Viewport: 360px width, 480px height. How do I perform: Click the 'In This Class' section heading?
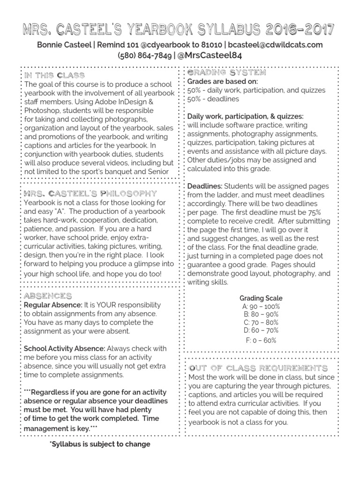pos(54,75)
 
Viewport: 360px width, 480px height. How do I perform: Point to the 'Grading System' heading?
pos(227,73)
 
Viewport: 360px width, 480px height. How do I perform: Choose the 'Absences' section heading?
pos(48,296)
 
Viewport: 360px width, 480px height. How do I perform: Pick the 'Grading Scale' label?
pos(261,298)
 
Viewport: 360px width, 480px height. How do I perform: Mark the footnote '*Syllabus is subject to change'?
pos(100,444)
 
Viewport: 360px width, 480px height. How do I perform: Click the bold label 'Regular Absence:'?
pos(53,305)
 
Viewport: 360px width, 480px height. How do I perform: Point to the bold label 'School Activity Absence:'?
pos(65,348)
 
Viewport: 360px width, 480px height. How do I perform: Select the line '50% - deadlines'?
pos(213,99)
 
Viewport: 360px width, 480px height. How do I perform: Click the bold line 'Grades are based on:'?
pos(223,82)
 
